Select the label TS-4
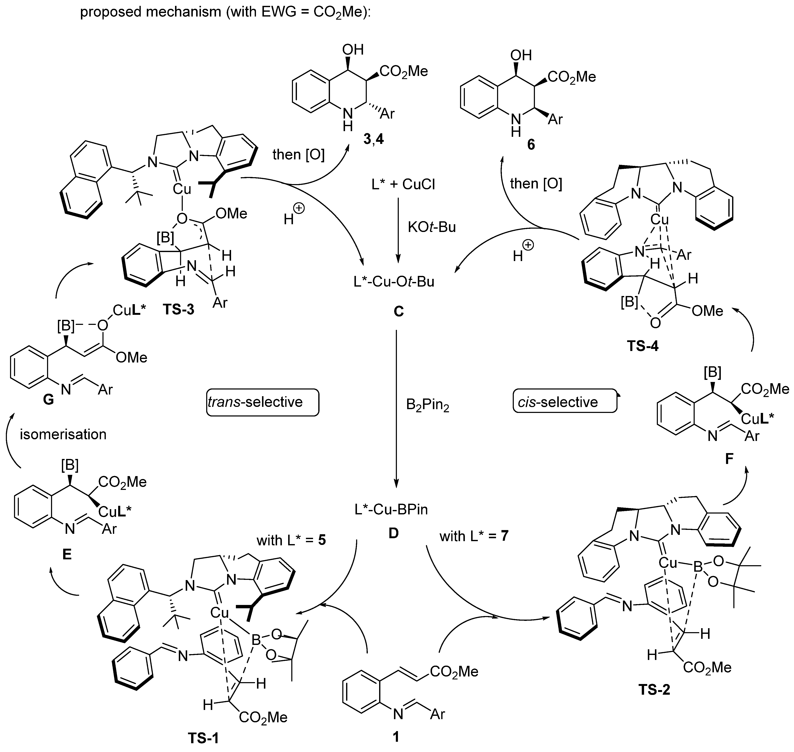pyautogui.click(x=642, y=346)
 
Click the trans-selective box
pyautogui.click(x=262, y=402)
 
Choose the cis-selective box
pyautogui.click(x=564, y=402)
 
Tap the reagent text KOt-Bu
pyautogui.click(x=432, y=227)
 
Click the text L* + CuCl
pyautogui.click(x=403, y=185)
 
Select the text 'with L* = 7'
pyautogui.click(x=474, y=536)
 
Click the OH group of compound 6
pyautogui.click(x=521, y=55)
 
